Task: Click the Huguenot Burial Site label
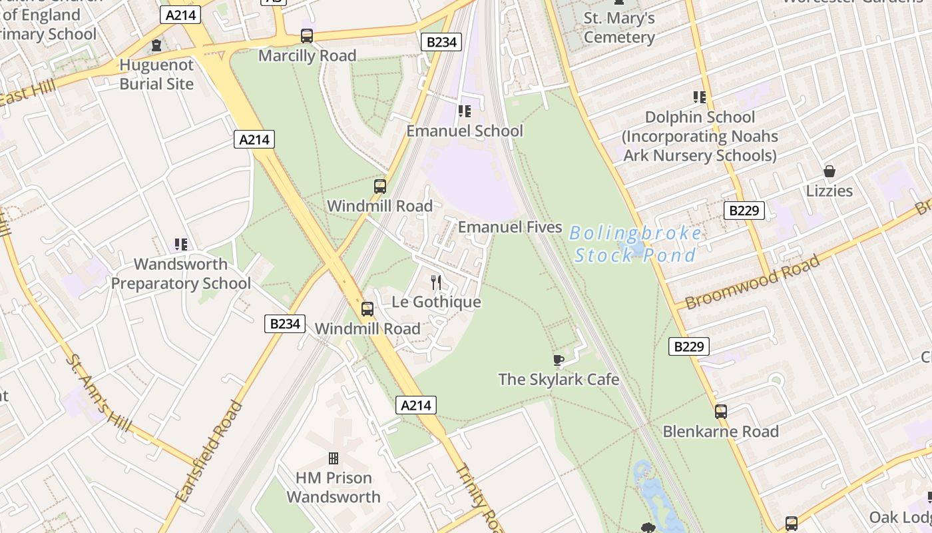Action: (156, 75)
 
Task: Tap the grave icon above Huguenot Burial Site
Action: (156, 45)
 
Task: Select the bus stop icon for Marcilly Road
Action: (307, 36)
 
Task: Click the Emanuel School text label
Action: (465, 131)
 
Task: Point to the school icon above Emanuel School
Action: (464, 111)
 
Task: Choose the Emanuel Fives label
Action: (510, 227)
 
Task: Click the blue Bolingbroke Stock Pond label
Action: (635, 244)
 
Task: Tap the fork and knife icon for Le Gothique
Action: (436, 282)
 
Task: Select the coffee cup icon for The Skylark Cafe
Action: (559, 360)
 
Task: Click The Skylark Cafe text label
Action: (559, 379)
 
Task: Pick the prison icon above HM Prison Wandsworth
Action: (334, 458)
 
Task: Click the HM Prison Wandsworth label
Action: (334, 487)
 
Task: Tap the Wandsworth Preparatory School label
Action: (180, 273)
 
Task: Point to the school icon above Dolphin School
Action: (699, 97)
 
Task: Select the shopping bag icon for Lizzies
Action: (829, 171)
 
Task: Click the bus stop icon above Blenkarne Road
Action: (721, 412)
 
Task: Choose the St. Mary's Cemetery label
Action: (619, 27)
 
